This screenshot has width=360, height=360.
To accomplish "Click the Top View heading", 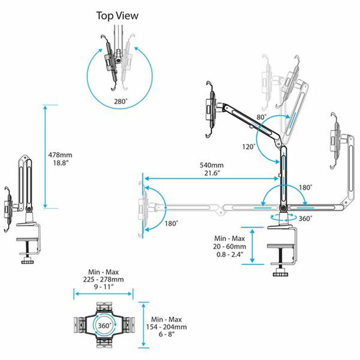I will [117, 16].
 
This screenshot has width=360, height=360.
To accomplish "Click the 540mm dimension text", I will [212, 166].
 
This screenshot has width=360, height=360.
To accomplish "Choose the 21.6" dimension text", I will [212, 174].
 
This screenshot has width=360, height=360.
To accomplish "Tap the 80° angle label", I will [261, 118].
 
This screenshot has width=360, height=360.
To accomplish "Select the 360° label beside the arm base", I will [304, 218].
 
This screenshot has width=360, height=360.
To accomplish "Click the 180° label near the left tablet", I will [171, 223].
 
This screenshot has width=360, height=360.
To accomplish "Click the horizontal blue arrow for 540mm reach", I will [212, 179].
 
